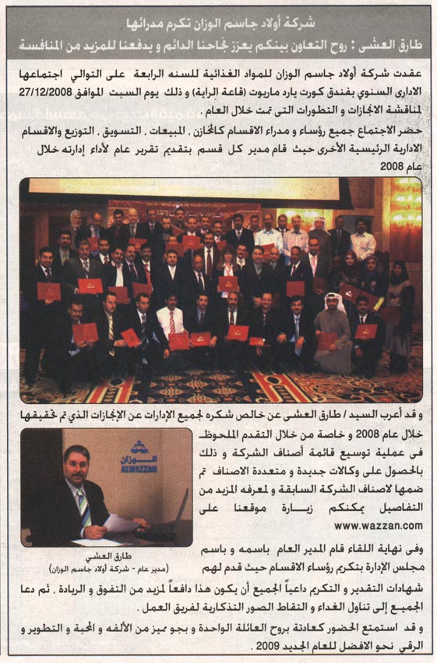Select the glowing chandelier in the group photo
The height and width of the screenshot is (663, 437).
(404, 207)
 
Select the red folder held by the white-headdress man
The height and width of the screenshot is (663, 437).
(327, 340)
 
